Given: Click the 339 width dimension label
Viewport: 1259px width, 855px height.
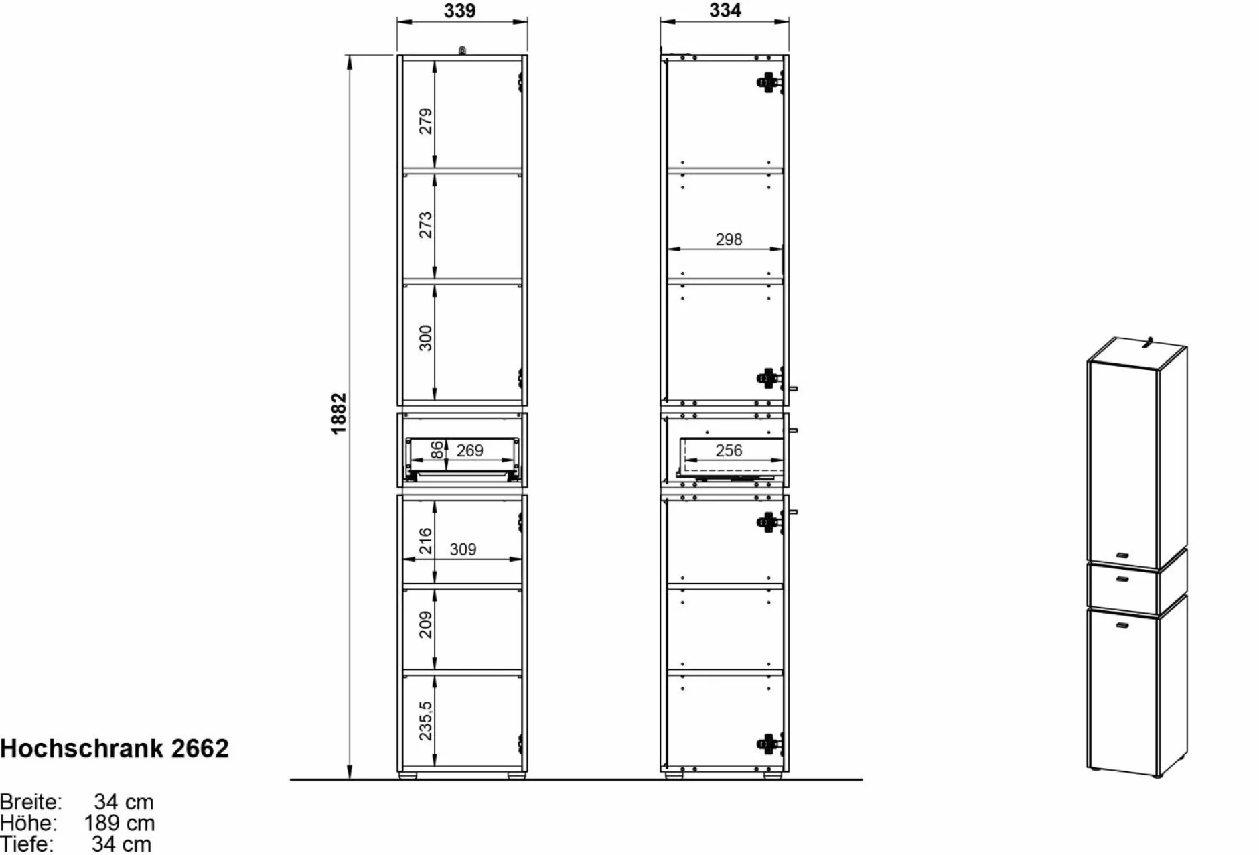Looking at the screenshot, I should [x=459, y=11].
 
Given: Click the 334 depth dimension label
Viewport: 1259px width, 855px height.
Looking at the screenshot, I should [x=725, y=11].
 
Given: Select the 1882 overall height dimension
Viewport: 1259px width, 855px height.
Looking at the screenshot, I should [x=339, y=413].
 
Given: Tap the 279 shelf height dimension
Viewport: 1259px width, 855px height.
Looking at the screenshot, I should [x=425, y=121].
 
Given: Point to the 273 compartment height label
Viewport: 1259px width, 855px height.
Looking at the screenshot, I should [x=425, y=225].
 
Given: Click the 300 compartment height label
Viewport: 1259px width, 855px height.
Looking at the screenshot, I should [x=425, y=338].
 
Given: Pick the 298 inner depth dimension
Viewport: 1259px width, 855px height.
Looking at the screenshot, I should [x=729, y=239].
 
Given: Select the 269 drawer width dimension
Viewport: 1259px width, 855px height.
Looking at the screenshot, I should [x=469, y=450].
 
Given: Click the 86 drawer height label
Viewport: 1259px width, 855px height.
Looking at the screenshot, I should [x=437, y=450].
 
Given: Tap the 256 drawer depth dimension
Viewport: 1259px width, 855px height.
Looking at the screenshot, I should [x=729, y=450].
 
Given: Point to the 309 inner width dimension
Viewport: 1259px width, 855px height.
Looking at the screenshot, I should [x=463, y=549].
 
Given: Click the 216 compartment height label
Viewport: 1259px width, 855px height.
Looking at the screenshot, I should [x=425, y=541].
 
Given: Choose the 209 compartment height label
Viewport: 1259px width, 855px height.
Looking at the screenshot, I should [x=425, y=624].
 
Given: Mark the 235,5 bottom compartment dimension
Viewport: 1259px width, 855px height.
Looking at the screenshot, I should [x=425, y=720].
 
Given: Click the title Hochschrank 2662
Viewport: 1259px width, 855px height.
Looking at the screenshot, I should [x=115, y=748].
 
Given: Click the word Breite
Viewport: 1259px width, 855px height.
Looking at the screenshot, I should [x=31, y=801].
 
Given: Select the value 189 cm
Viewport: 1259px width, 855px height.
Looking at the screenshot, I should [x=119, y=823].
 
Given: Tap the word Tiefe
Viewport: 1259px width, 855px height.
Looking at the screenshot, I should [x=27, y=844].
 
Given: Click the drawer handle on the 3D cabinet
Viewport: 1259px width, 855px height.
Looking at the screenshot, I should [x=1123, y=579].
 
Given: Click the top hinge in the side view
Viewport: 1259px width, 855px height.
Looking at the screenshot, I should [x=769, y=82].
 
